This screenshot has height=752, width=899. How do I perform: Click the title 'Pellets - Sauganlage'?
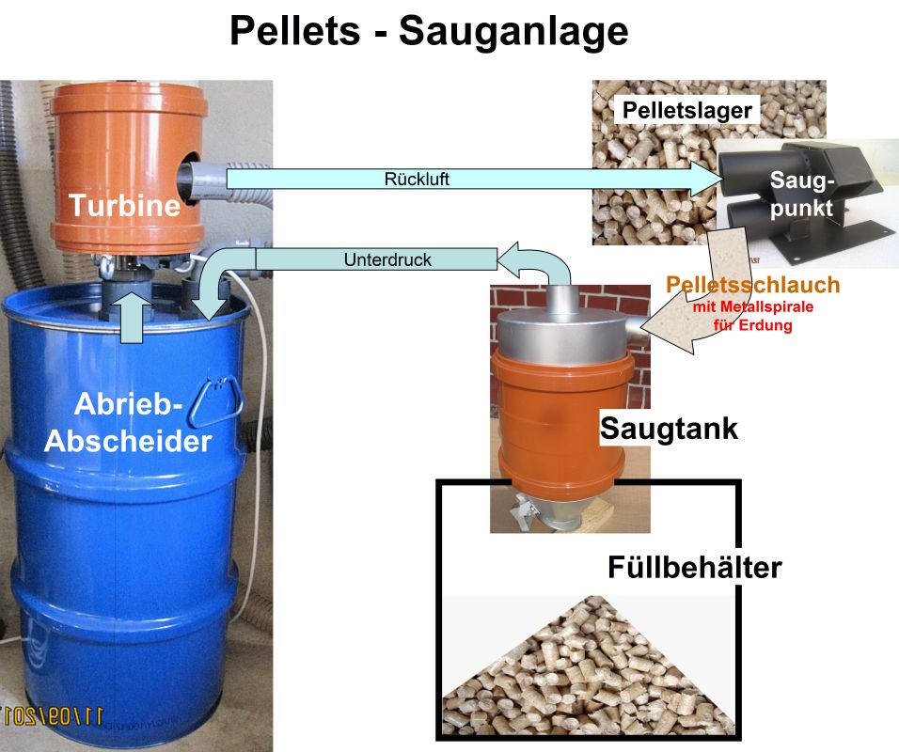pyautogui.click(x=429, y=32)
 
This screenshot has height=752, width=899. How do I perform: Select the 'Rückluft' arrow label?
pyautogui.click(x=417, y=179)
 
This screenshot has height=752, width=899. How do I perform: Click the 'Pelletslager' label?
pyautogui.click(x=687, y=111)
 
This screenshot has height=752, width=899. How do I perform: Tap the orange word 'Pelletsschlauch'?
pyautogui.click(x=751, y=286)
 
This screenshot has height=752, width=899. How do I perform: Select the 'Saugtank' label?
pyautogui.click(x=670, y=430)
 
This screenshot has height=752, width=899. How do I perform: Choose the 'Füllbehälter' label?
pyautogui.click(x=694, y=567)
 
